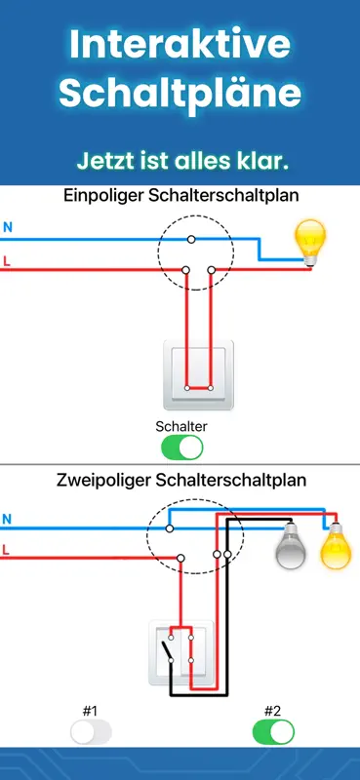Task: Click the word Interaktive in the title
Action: coord(180,44)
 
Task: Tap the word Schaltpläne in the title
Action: coord(180,94)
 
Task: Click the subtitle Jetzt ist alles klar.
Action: coord(182,161)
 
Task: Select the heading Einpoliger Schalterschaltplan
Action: coord(181,196)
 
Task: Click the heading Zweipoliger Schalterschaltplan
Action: coord(181,481)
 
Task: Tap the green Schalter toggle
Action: coord(182,448)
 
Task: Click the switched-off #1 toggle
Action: coord(91,732)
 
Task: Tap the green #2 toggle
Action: coord(273,732)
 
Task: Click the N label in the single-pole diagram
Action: coord(8,228)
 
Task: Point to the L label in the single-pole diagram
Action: coord(7,260)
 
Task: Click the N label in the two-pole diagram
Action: coord(7,519)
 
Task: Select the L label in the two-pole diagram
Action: coord(6,550)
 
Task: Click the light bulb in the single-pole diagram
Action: coord(309,242)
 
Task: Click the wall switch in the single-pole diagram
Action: coord(198,375)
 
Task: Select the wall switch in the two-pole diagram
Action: coord(181,652)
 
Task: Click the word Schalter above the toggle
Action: coord(181,426)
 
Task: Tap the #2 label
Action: coord(272,711)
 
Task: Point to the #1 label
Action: coord(90,711)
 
